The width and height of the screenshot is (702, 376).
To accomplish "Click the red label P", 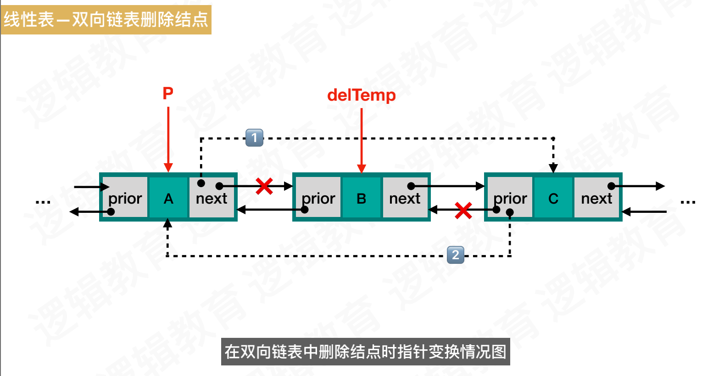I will point(168,93).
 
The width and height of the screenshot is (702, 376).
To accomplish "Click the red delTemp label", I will point(361,95).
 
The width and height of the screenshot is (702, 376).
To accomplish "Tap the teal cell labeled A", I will point(168,198).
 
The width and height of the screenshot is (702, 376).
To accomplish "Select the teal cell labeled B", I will point(362,198).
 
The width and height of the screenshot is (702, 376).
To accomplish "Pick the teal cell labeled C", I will point(553,198).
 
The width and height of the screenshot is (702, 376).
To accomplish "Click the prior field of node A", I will point(125,198).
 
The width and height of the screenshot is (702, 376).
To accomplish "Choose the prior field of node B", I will point(318,198).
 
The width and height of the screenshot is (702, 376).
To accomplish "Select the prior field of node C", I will point(510,198).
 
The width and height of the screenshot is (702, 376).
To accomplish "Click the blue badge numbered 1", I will point(254,137).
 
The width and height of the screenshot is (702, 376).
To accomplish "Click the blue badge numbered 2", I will point(456,255).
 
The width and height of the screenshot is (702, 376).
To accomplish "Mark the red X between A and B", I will point(264,186).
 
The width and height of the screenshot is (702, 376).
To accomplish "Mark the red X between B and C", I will point(463,211).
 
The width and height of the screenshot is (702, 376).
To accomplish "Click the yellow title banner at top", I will point(106,19).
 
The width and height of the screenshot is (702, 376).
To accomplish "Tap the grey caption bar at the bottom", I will point(365,352).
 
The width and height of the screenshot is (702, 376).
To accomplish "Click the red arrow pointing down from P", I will point(168,138).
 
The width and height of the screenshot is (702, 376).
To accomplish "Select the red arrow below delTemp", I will point(362,138).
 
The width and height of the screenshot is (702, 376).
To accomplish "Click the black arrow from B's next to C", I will point(447,186).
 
